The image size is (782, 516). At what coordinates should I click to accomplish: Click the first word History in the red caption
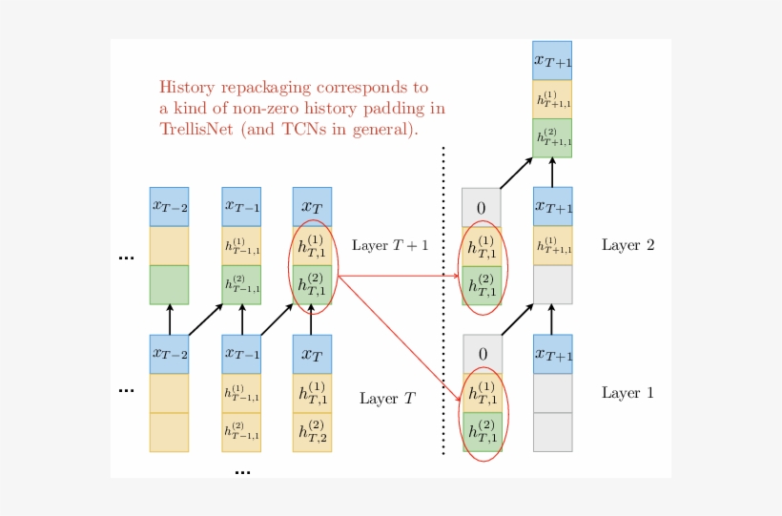[190, 87]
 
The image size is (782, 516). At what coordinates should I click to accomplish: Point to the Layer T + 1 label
[390, 245]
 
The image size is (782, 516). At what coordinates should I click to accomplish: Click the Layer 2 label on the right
[628, 245]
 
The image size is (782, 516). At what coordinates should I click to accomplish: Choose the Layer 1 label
[628, 393]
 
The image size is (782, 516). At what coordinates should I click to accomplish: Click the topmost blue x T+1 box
[552, 61]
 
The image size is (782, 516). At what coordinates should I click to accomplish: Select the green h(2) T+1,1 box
[552, 138]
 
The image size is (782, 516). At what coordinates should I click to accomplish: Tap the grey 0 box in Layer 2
[481, 208]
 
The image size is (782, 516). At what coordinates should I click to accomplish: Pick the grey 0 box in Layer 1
[483, 354]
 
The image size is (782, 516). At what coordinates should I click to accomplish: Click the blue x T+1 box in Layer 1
[553, 354]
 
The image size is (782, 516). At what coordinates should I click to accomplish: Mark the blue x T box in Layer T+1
[312, 206]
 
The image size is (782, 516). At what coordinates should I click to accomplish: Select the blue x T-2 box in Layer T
[169, 354]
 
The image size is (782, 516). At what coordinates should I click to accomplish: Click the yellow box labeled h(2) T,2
[312, 432]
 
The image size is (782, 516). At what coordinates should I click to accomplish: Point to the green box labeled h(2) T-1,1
[241, 284]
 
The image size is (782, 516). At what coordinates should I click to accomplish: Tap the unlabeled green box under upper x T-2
[169, 284]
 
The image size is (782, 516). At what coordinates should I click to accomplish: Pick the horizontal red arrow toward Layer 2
[401, 277]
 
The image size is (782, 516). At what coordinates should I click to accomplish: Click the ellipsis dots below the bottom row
[242, 471]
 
